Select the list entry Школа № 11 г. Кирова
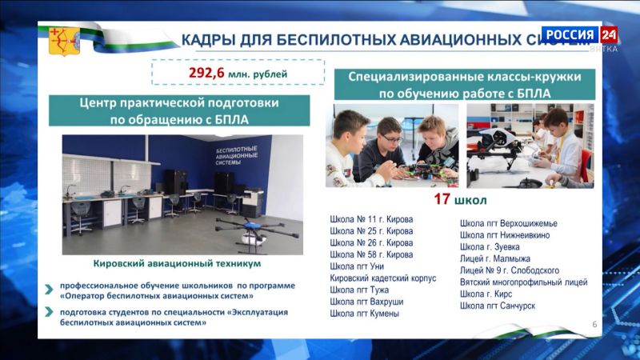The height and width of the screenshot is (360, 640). point(371,218)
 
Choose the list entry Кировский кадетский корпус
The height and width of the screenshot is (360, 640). point(383,278)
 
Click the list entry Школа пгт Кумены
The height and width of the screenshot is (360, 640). point(366,314)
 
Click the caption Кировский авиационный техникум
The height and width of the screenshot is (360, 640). point(177,263)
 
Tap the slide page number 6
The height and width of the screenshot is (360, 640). point(594,323)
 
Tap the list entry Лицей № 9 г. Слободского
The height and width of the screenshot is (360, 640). point(510,270)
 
